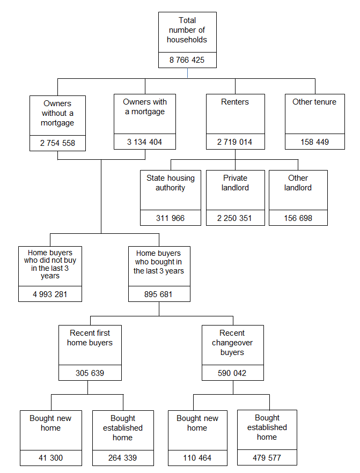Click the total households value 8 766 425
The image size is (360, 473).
point(187,60)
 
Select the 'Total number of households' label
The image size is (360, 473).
point(187,30)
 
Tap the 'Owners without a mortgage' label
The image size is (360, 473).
point(57,113)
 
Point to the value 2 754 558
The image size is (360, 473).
point(57,143)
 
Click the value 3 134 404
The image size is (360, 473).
point(145,142)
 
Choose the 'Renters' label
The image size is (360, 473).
point(235,102)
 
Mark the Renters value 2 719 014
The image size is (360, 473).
point(235,142)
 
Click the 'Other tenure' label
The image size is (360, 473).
point(314,102)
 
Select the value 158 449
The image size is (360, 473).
point(314,142)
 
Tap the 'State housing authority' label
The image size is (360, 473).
point(171,183)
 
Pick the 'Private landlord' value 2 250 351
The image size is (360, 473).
point(235,218)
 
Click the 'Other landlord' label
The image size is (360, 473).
point(298,183)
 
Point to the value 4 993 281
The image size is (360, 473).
point(50,294)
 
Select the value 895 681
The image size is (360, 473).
point(159,294)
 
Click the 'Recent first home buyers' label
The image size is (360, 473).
point(90,338)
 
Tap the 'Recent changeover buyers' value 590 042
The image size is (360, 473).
point(232,373)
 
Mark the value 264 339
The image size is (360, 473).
point(123,458)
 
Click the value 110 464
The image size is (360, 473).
point(197,458)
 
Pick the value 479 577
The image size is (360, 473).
point(267,458)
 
